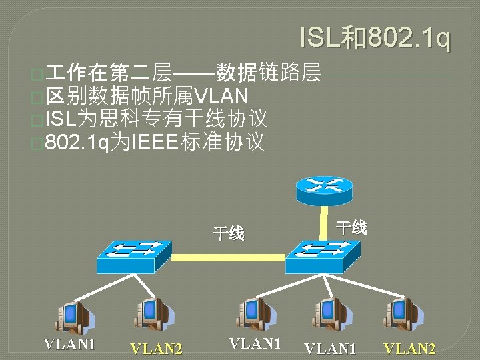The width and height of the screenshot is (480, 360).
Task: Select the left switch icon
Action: point(133,256)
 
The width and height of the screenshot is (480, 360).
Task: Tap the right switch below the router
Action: point(322,256)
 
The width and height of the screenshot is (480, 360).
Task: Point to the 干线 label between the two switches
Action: point(228,233)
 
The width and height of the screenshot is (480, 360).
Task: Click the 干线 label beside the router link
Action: point(351,227)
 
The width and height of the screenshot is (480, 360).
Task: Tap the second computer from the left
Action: point(152,314)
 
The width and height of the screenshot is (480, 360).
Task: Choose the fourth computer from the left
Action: point(331,313)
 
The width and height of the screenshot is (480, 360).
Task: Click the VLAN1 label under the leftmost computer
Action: point(69,344)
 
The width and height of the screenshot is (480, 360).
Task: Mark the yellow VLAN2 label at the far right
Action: point(409,348)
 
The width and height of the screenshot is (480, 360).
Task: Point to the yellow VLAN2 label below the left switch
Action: point(156,348)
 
